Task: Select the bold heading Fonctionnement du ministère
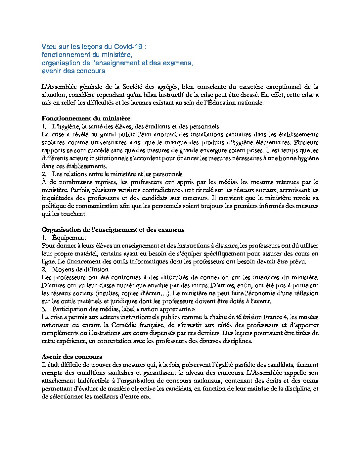[x=86, y=118]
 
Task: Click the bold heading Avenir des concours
[x=71, y=357]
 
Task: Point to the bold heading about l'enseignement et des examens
[x=113, y=230]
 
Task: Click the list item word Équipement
[x=69, y=238]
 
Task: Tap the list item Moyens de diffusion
[x=80, y=269]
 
